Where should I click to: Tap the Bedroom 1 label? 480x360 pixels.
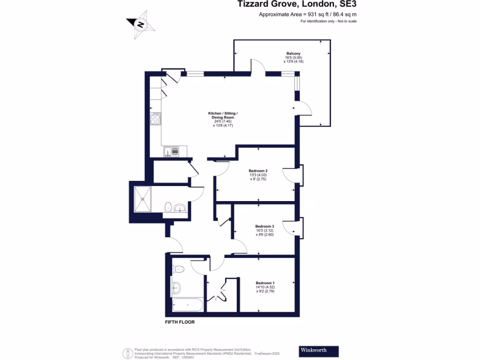coord(265,283)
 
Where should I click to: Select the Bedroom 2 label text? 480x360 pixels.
coord(258,171)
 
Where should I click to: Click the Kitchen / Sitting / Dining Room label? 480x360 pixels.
coord(223,114)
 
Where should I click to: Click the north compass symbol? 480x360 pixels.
coord(140,24)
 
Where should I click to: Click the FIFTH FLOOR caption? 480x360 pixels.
coord(180,322)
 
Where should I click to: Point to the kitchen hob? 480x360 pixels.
coord(156,119)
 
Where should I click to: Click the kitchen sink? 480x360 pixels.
coord(171,151)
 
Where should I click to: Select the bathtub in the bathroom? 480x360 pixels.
coord(187,305)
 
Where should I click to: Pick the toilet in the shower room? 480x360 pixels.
coord(168,206)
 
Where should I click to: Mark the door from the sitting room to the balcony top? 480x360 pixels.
coord(258,67)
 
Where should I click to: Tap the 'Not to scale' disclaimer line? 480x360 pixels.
coord(329,22)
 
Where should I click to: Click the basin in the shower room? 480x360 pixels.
coord(180,208)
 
